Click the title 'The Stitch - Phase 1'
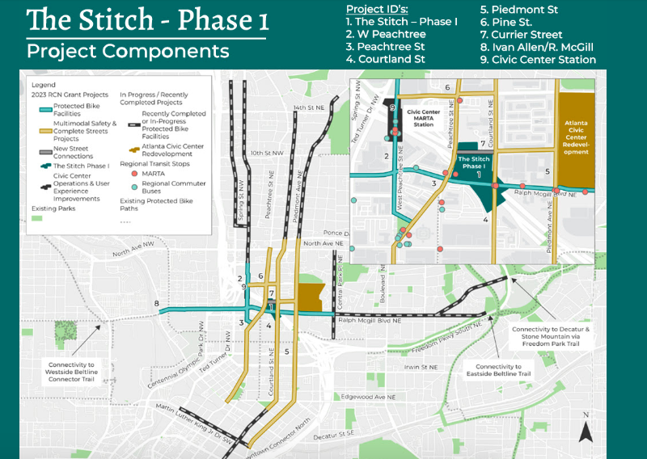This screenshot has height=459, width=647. (146, 19)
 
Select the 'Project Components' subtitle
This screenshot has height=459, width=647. (128, 52)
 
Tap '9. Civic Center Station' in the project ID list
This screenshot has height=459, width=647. (537, 59)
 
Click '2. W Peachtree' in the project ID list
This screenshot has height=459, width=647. (385, 35)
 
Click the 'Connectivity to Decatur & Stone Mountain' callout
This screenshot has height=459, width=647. (562, 335)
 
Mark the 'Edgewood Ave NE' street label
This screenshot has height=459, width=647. (369, 398)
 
